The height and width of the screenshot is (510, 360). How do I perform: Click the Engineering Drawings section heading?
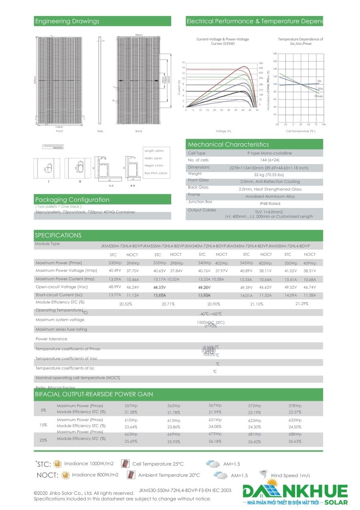[67, 21]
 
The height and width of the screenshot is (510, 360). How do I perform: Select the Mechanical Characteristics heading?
[228, 145]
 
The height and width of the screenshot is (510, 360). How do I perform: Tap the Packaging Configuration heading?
[72, 200]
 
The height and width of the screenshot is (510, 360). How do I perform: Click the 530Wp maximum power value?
[115, 263]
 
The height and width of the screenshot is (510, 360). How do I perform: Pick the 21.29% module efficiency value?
[302, 304]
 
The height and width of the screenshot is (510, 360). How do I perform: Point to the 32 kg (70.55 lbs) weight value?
[268, 175]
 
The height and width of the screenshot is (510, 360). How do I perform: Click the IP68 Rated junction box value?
[270, 204]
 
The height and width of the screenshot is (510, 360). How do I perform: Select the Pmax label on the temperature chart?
[319, 96]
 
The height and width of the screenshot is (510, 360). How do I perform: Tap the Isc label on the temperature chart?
[320, 81]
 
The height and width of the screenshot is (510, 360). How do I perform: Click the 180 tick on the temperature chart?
[275, 54]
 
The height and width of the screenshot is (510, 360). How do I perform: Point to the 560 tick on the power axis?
[261, 63]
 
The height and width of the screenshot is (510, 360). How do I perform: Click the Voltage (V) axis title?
[223, 131]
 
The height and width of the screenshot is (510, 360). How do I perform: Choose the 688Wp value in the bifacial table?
[295, 434]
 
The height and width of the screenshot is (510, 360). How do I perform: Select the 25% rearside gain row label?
[44, 440]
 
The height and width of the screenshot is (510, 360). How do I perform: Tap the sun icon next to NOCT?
[65, 475]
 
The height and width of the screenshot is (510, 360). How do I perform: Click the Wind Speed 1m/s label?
[290, 476]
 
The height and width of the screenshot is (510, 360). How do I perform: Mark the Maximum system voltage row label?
[60, 320]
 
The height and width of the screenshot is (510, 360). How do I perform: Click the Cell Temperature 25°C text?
[158, 464]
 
